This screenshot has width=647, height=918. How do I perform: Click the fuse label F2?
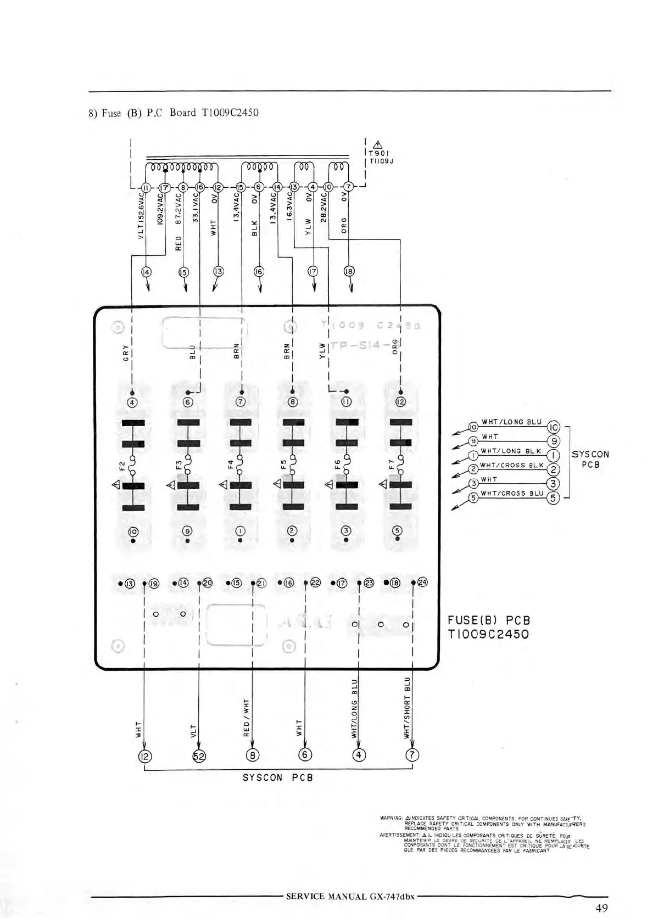122,467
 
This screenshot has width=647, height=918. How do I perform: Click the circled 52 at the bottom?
198,756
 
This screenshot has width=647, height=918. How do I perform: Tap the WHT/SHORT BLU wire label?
407,707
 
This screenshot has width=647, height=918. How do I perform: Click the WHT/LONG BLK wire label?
511,451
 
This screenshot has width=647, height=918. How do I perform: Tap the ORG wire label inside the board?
395,348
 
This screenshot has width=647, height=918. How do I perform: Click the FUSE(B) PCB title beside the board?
489,620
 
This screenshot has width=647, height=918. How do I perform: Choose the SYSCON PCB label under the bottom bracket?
277,778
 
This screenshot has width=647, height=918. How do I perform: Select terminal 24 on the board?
422,582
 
